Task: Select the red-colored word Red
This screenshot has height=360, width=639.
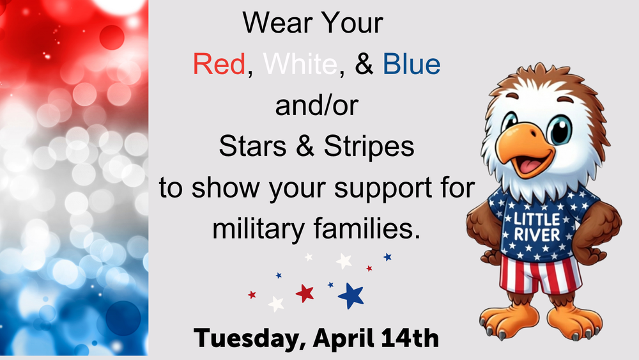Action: point(219,65)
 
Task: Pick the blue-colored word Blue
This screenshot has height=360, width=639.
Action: point(412,65)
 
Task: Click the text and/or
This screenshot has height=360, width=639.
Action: point(316,106)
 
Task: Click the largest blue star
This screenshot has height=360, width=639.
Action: point(351,295)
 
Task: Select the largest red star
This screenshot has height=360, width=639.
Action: point(305,293)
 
